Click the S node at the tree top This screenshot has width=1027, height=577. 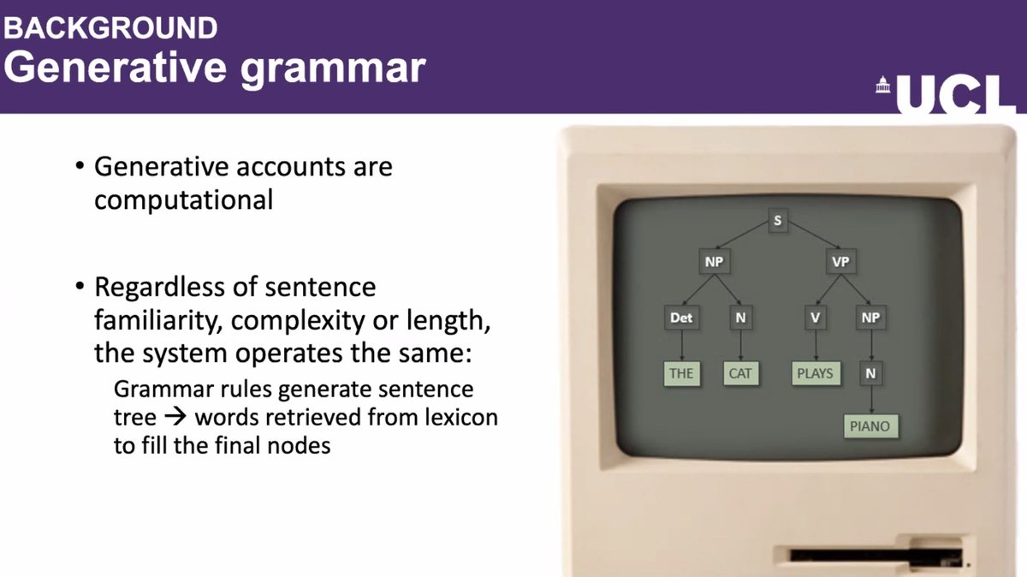[777, 221]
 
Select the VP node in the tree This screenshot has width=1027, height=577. [840, 261]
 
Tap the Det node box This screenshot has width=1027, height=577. [681, 318]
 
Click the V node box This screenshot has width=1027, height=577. [816, 318]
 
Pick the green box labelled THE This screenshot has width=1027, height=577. [681, 373]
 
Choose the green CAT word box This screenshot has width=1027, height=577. [739, 373]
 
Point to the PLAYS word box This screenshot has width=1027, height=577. [815, 373]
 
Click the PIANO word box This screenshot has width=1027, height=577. [870, 425]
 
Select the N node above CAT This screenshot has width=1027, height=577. [739, 318]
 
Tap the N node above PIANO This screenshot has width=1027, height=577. [870, 373]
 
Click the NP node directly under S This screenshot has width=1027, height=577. [714, 261]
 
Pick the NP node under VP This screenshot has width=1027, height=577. [870, 318]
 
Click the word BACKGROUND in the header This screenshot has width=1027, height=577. [111, 27]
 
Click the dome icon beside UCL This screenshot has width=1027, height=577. [882, 86]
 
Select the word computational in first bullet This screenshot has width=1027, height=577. [183, 199]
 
